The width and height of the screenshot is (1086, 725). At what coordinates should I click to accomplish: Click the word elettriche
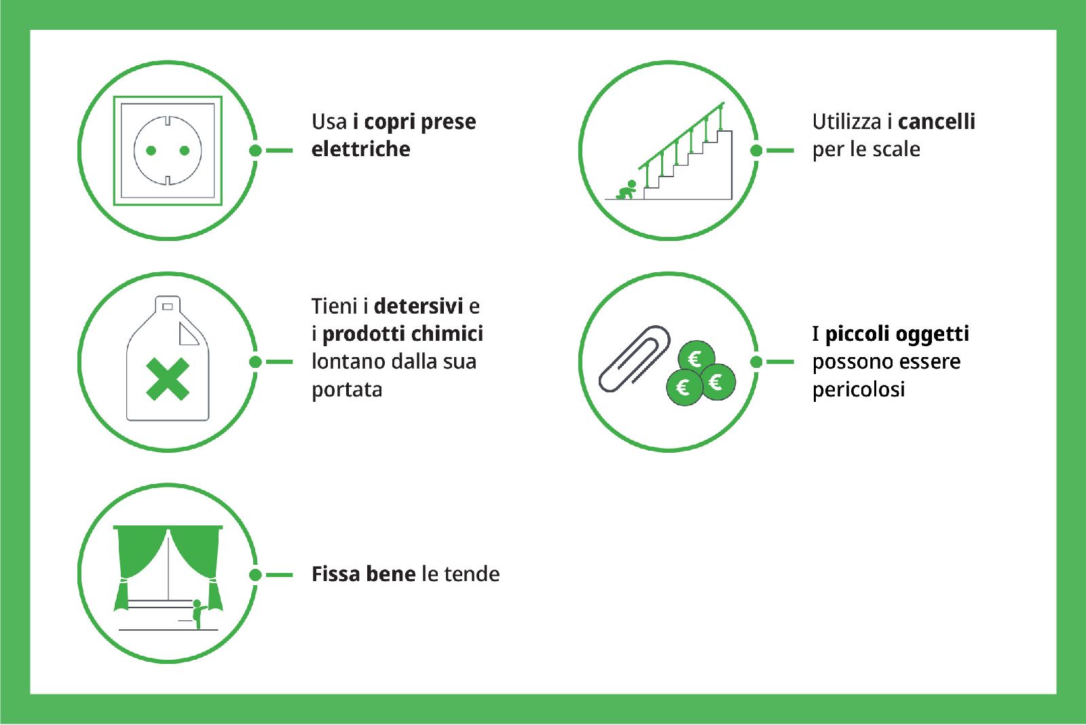pyautogui.click(x=360, y=149)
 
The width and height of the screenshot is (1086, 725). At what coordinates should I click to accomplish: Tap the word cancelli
pyautogui.click(x=936, y=122)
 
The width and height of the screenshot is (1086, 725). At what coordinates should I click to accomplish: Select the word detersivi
pyautogui.click(x=418, y=306)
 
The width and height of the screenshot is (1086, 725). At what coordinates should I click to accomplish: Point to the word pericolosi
pyautogui.click(x=859, y=390)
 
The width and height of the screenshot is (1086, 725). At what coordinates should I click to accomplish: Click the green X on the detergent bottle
pyautogui.click(x=167, y=379)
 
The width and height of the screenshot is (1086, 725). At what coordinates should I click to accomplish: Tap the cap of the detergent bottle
pyautogui.click(x=168, y=305)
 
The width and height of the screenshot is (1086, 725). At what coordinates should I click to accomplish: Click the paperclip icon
pyautogui.click(x=634, y=358)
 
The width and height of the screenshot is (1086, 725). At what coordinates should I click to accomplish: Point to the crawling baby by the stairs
pyautogui.click(x=626, y=190)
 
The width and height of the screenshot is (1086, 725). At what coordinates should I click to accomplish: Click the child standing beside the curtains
pyautogui.click(x=198, y=614)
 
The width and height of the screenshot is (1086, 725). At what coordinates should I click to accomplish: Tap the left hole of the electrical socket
pyautogui.click(x=151, y=151)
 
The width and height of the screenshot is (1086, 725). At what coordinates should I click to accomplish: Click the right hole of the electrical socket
pyautogui.click(x=184, y=151)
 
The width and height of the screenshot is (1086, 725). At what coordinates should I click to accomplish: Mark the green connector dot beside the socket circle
pyautogui.click(x=255, y=150)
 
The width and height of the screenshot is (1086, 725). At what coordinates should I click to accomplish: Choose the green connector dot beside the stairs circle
pyautogui.click(x=756, y=150)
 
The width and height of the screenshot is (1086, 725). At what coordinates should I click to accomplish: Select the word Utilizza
pyautogui.click(x=848, y=122)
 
